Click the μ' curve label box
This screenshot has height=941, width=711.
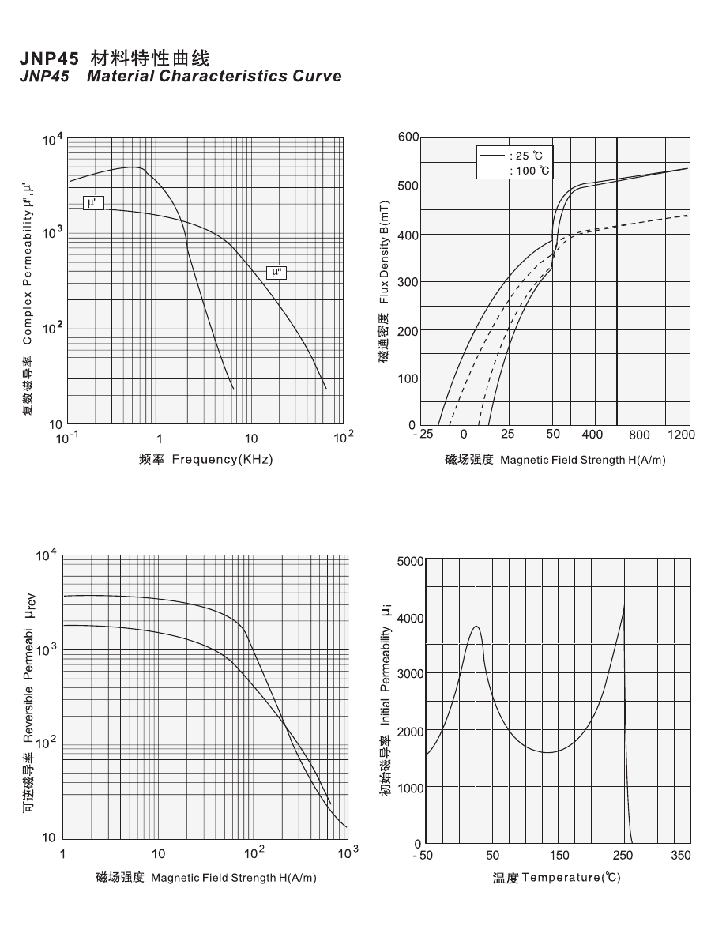[92, 203]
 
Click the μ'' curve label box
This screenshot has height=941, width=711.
[276, 273]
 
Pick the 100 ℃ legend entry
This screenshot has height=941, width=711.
[514, 171]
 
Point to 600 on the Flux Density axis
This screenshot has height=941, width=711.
[408, 137]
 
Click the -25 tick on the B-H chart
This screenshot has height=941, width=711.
[423, 435]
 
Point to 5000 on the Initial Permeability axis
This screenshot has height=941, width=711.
[410, 562]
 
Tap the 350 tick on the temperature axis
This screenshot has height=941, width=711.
[680, 856]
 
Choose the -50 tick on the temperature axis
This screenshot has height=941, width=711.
[425, 856]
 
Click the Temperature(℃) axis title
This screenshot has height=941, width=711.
[557, 878]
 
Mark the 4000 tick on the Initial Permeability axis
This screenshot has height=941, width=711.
[410, 617]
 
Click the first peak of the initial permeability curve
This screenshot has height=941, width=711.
[476, 627]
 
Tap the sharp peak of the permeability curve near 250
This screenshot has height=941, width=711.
[625, 606]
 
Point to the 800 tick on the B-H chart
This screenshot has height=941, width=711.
[639, 435]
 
